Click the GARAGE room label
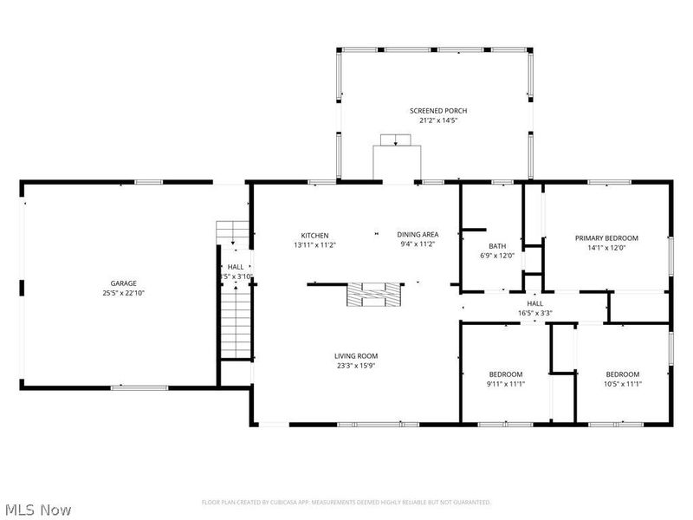122,283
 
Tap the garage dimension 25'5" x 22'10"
122,293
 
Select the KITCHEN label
314,236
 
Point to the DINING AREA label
418,235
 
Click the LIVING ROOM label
356,355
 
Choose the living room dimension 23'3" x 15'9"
356,365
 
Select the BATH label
497,245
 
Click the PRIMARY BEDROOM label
606,238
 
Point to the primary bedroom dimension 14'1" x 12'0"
606,248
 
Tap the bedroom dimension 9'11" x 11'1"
507,383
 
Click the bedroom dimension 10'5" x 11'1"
622,383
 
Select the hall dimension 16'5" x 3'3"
535,313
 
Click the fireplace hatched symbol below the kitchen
375,295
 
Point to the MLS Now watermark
38,510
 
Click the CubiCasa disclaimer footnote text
346,502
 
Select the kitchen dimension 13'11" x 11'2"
314,245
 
